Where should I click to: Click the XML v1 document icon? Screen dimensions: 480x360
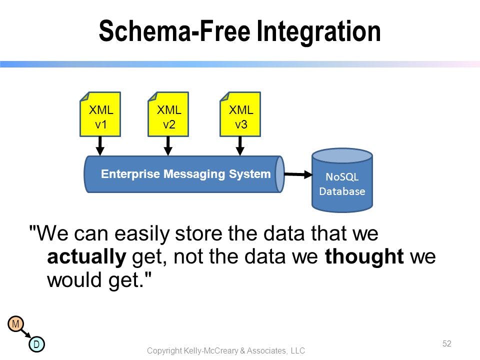tap(100, 114)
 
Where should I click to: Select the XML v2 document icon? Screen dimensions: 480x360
tap(168, 114)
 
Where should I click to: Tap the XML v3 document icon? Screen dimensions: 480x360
tap(240, 114)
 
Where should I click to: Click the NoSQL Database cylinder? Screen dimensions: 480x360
tap(342, 180)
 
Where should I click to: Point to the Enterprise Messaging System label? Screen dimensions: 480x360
tap(186, 174)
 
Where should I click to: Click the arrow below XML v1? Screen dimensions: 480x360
tap(100, 146)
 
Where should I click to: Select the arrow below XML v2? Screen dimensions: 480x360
tap(168, 146)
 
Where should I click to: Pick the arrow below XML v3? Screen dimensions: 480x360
tap(240, 146)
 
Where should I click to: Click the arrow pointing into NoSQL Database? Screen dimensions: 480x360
tap(298, 174)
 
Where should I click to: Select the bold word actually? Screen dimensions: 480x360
tap(86, 257)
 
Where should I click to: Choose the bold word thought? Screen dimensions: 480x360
tap(364, 256)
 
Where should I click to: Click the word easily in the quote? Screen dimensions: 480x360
tap(141, 234)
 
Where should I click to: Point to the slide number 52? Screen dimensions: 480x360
tap(447, 343)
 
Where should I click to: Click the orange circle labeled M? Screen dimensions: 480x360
tap(16, 323)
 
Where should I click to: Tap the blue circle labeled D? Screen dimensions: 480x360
tap(36, 344)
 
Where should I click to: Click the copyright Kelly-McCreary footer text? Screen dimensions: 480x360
tap(226, 350)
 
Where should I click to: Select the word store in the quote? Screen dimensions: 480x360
tap(198, 233)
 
